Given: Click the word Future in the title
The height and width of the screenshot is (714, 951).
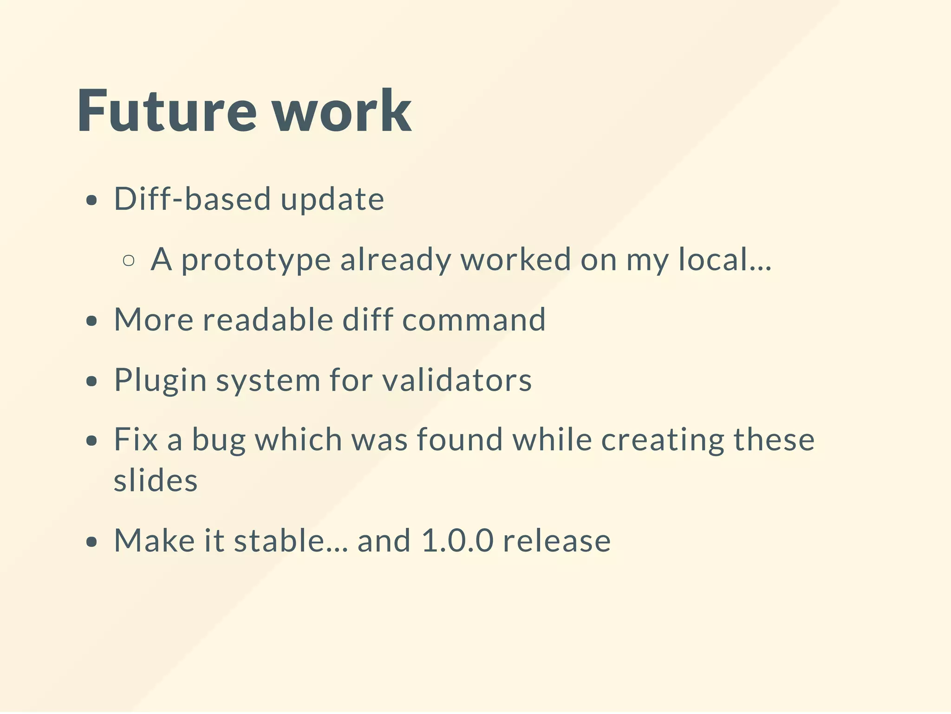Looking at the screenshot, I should point(166,111).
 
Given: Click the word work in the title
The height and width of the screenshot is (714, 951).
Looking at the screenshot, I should point(341,111).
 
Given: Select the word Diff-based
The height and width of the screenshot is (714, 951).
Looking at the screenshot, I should point(192,199).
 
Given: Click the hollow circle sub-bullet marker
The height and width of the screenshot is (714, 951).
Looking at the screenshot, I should point(129,260).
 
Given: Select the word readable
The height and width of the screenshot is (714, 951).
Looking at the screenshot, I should point(267,320).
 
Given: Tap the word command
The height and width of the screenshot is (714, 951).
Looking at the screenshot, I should point(474,320).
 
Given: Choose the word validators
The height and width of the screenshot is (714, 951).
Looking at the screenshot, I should point(457,380).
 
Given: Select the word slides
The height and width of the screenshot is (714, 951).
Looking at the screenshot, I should point(156,480).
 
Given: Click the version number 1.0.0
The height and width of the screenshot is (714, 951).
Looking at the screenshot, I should point(457,541).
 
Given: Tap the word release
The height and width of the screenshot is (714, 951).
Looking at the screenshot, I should point(557,541).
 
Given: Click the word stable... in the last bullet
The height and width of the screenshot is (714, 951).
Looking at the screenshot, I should point(291,541).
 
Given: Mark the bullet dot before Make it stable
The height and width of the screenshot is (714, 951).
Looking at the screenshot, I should point(92,542).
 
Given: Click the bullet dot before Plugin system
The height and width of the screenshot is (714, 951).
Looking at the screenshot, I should point(92,382).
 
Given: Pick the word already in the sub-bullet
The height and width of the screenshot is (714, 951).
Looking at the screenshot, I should point(395,260).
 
